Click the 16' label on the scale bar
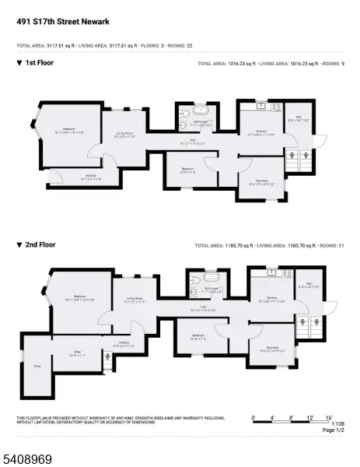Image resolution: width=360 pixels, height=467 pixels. pos(330,418)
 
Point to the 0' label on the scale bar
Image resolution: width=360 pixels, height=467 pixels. pos(254,418)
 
